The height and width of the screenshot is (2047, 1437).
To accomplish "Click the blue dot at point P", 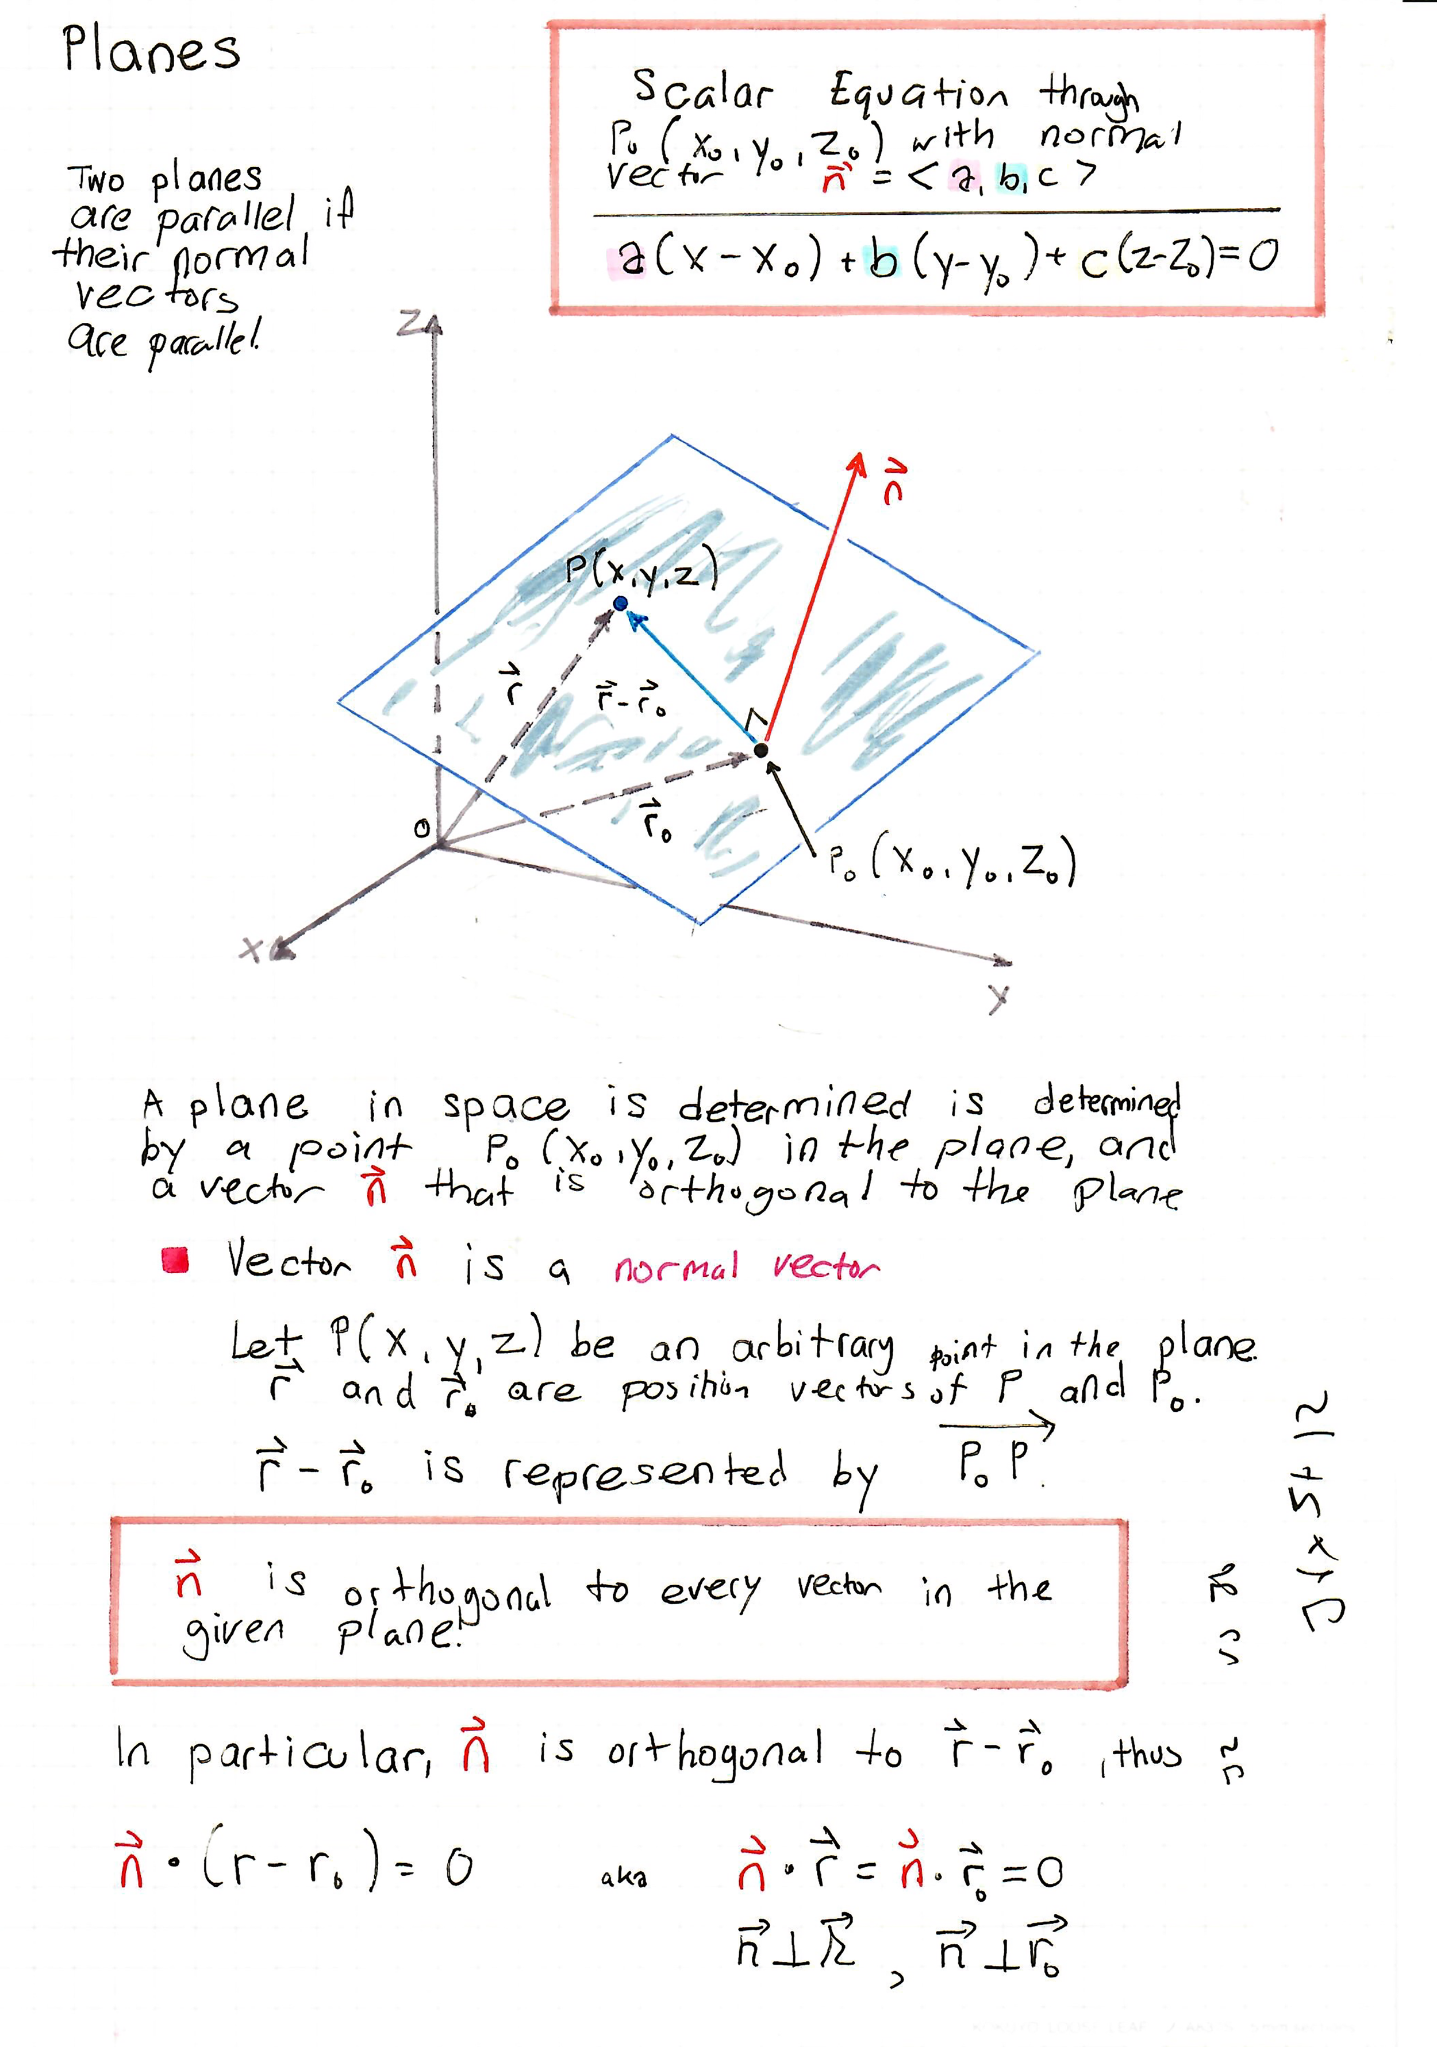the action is click(621, 604).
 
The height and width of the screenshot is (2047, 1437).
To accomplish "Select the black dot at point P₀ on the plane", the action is click(761, 750).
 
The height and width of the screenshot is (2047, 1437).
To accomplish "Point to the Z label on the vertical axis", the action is click(411, 323).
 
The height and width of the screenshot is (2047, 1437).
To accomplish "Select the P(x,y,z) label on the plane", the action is click(641, 570).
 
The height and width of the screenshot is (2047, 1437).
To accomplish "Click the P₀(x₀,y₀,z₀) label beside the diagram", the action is click(951, 863).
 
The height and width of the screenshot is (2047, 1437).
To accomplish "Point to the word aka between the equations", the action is click(624, 1877).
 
